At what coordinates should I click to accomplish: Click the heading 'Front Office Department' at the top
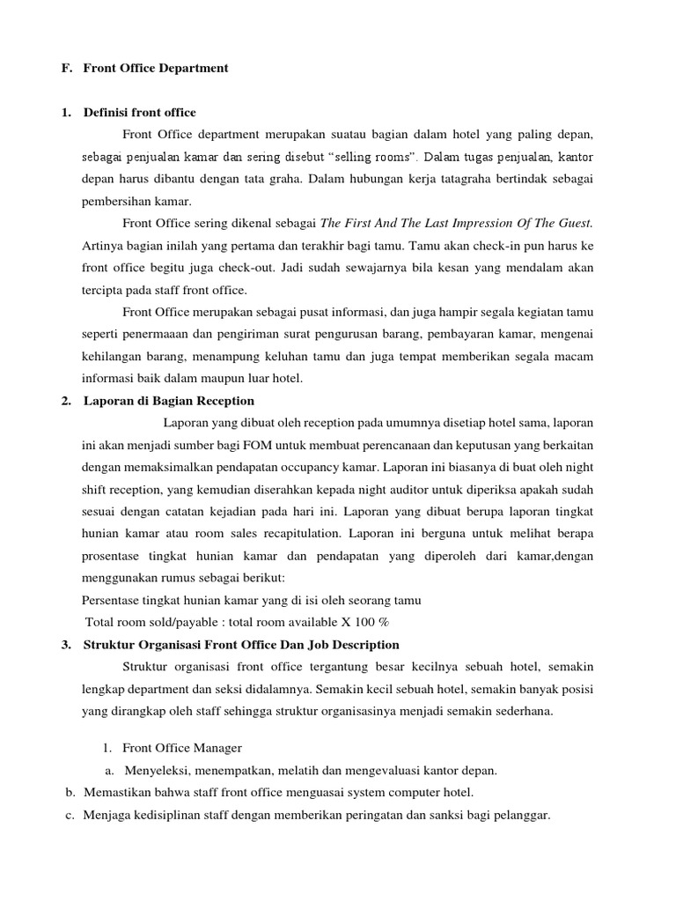156,68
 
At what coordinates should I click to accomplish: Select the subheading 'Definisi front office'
140,112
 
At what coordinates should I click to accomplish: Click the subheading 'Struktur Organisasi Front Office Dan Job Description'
241,644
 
